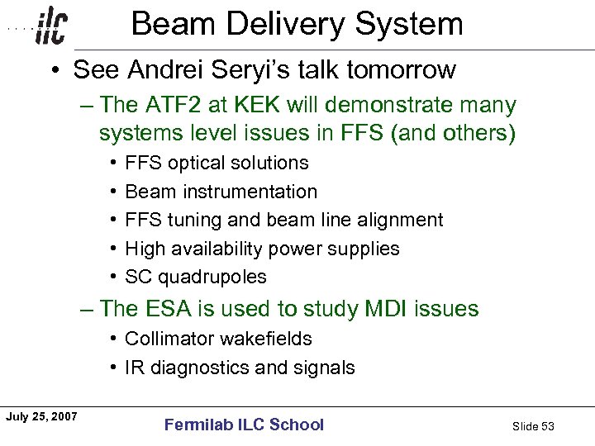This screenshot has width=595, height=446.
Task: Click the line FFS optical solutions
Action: pos(217,163)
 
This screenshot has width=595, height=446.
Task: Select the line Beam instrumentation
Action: pos(221,192)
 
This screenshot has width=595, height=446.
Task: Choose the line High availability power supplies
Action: pos(262,249)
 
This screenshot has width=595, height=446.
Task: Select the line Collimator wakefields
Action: pos(218,339)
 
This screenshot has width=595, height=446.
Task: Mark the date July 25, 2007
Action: pos(40,417)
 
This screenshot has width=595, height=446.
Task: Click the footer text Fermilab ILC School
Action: pos(244,425)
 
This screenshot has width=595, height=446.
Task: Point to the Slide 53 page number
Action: pos(533,426)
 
